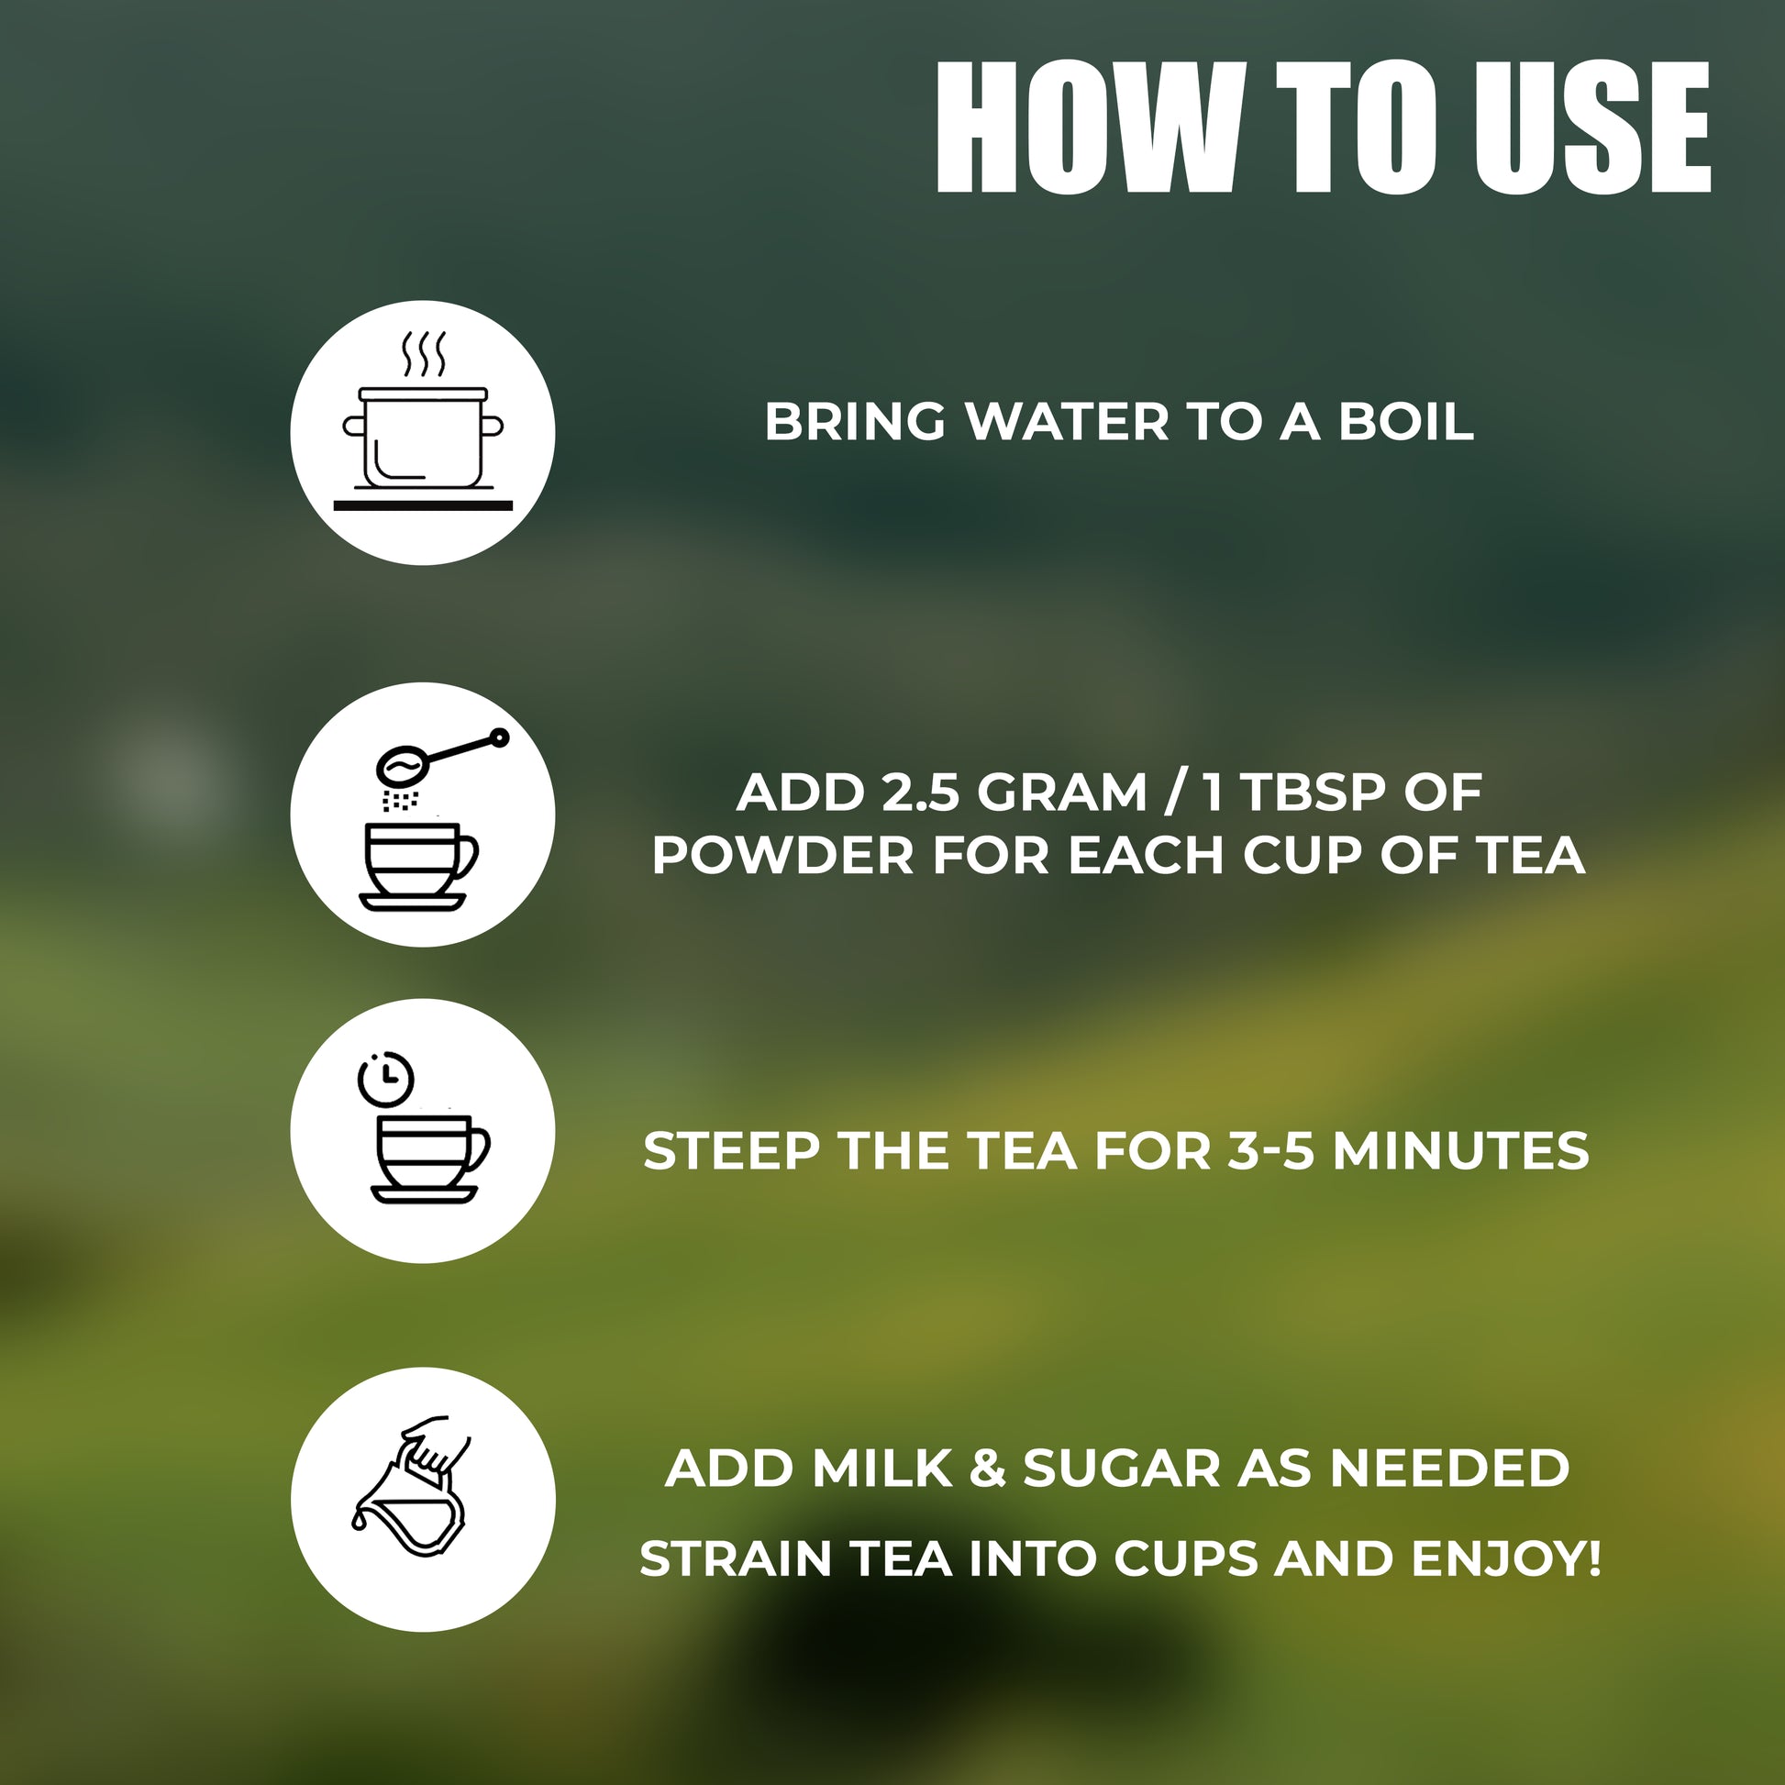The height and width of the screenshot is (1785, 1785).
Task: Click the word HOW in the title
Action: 1089,127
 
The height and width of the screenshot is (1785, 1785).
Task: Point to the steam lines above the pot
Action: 423,354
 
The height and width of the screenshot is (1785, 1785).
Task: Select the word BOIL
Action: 1405,422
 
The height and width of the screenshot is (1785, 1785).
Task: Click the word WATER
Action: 1067,422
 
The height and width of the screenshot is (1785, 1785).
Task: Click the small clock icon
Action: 385,1078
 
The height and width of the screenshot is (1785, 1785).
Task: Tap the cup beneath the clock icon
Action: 428,1159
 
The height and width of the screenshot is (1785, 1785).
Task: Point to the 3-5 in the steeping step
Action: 1270,1151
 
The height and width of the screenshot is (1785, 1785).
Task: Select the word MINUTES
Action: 1460,1151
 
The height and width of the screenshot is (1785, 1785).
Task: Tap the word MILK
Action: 882,1469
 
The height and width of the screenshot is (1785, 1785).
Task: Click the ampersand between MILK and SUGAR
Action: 988,1469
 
